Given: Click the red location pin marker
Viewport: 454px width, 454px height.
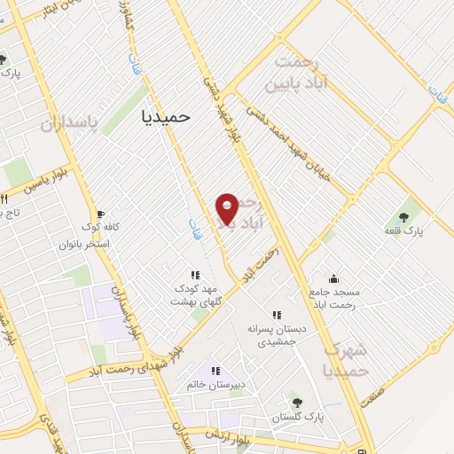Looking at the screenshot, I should click(x=228, y=208).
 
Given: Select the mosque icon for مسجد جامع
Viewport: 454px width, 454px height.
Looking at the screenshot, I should click(x=333, y=278).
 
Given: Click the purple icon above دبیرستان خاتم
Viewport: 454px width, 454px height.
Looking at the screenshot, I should click(x=213, y=370).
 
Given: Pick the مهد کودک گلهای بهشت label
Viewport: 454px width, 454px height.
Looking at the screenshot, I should click(x=196, y=295).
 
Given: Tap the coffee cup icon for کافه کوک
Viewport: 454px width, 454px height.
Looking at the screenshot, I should click(x=100, y=215).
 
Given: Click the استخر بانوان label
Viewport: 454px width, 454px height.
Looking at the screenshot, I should click(x=84, y=243).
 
